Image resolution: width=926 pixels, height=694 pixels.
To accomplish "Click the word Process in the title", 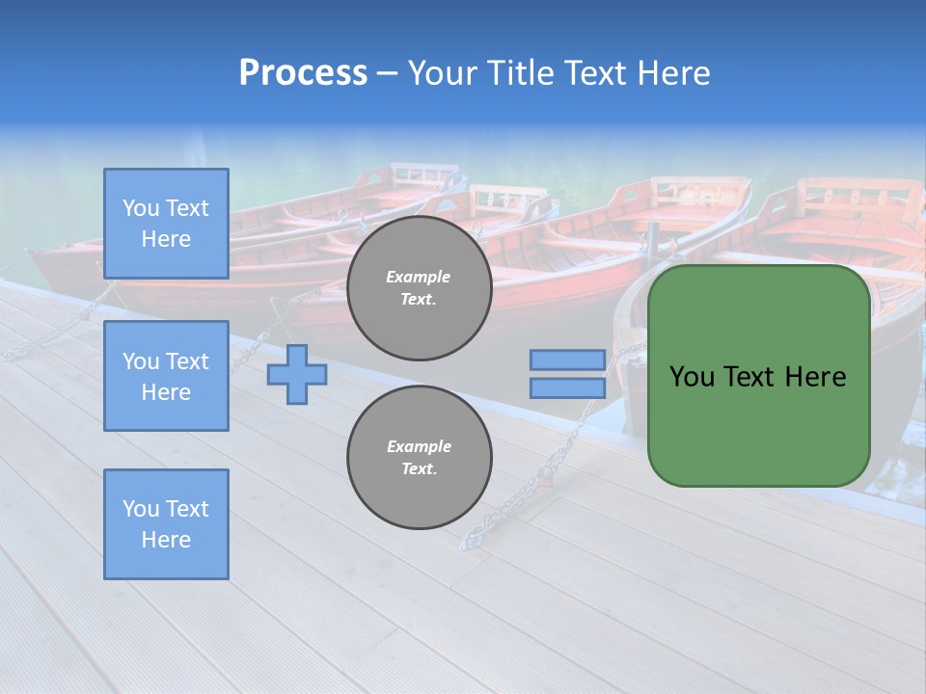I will pyautogui.click(x=303, y=73).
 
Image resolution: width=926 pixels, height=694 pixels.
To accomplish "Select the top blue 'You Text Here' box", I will pyautogui.click(x=166, y=224).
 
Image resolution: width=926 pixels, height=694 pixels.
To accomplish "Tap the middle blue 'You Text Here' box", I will pyautogui.click(x=166, y=376).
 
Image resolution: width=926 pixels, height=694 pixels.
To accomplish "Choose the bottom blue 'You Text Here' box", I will pyautogui.click(x=166, y=523).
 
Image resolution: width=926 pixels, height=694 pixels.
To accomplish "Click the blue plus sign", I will pyautogui.click(x=297, y=374).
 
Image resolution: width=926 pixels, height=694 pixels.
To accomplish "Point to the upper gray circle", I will pyautogui.click(x=419, y=288).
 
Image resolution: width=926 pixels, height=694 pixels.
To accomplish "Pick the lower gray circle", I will pyautogui.click(x=419, y=458).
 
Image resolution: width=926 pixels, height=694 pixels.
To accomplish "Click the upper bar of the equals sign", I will pyautogui.click(x=568, y=360).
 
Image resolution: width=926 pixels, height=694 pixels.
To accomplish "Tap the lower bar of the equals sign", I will pyautogui.click(x=568, y=388).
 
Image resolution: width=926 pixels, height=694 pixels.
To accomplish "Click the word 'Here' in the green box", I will pyautogui.click(x=816, y=377).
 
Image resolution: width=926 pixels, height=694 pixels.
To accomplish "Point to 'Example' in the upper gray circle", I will pyautogui.click(x=419, y=277).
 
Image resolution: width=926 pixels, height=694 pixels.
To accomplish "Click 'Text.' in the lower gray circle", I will pyautogui.click(x=419, y=469).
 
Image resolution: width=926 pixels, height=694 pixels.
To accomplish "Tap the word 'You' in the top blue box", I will pyautogui.click(x=140, y=208).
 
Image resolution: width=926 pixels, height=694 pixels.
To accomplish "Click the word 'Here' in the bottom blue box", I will pyautogui.click(x=166, y=540).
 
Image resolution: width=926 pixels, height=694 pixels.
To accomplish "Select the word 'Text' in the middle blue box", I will pyautogui.click(x=187, y=361).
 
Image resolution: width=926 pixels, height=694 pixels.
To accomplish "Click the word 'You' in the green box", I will pyautogui.click(x=692, y=377).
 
